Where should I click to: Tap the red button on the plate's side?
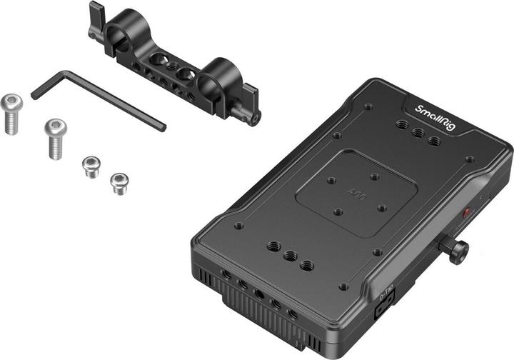point(468,213)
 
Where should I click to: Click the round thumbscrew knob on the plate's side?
point(457,250)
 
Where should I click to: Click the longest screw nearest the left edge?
point(11,113)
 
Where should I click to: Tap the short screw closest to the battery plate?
point(119,184)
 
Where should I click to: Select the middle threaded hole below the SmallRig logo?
point(418,134)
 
